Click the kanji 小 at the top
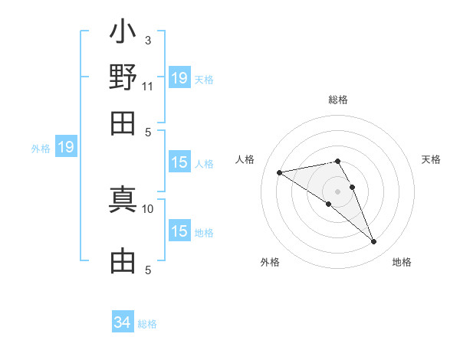[123, 34]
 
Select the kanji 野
[123, 78]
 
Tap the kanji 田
[123, 123]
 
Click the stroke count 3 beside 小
[147, 40]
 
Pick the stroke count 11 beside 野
[148, 85]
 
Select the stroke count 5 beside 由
[148, 269]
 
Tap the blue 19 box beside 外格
[66, 147]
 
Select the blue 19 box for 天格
[179, 78]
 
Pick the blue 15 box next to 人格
[179, 162]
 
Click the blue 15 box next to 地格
[179, 231]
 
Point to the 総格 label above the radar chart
[337, 100]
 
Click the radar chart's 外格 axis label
[270, 263]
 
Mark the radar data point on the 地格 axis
[373, 242]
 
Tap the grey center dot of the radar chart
[337, 191]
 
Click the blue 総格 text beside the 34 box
[147, 324]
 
